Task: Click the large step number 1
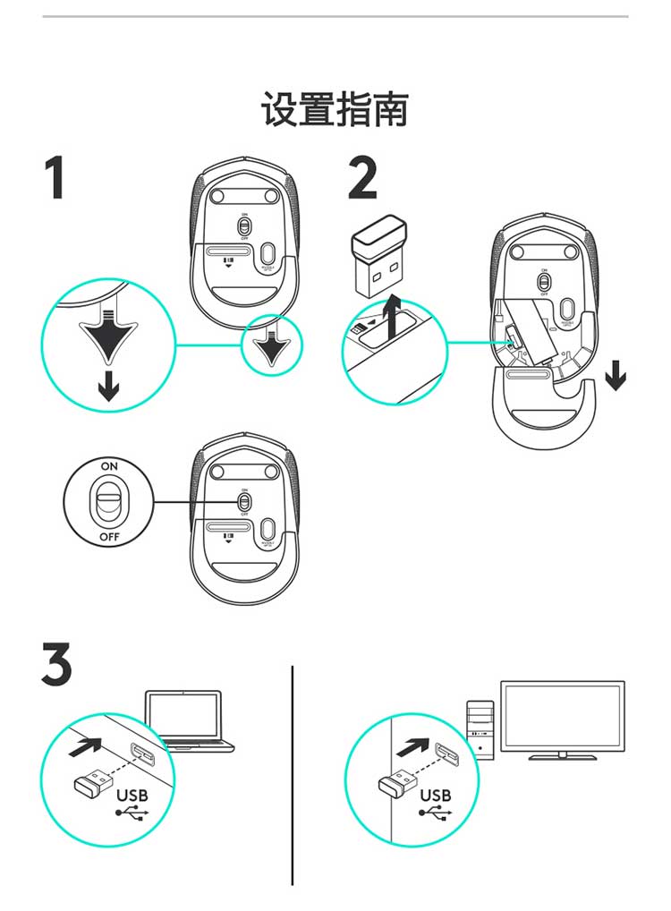[55, 177]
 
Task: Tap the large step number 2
[362, 177]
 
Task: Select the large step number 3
[56, 664]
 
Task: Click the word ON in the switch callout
[109, 466]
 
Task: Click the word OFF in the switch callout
[109, 538]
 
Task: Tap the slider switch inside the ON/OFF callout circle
[110, 502]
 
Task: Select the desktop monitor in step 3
[562, 720]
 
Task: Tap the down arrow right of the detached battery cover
[615, 376]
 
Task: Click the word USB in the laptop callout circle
[132, 795]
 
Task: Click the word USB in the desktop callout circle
[436, 795]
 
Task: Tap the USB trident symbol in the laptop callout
[129, 814]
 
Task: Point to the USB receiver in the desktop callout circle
[397, 785]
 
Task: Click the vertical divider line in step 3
[293, 774]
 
